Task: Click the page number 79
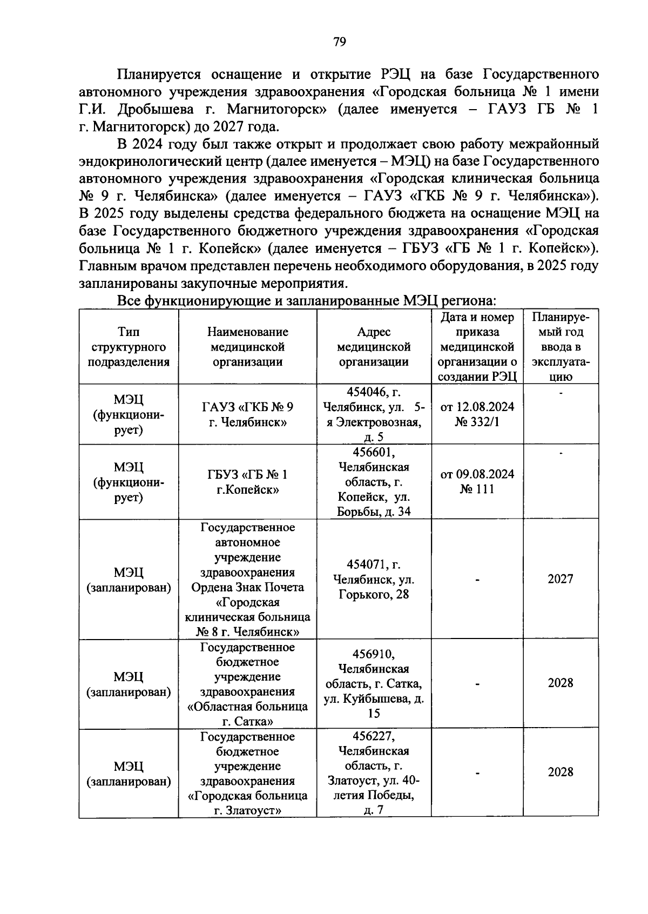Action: pos(339,42)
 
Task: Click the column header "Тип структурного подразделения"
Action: pos(129,347)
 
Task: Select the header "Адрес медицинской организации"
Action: pos(374,347)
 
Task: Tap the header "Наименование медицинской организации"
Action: pos(247,347)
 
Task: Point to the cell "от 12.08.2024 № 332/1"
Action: pos(477,414)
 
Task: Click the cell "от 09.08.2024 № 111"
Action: pos(477,481)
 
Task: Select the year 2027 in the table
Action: pos(561,579)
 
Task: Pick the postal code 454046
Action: pos(366,392)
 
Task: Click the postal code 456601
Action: pos(374,452)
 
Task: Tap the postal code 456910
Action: pos(374,654)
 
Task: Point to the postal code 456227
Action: pos(374,736)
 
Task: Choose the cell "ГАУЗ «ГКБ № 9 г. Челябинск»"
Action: pos(247,414)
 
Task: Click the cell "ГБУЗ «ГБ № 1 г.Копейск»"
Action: pos(247,482)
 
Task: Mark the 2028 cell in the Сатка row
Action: pos(561,683)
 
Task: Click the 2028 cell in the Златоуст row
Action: pos(561,772)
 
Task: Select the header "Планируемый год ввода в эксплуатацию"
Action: pos(561,347)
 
